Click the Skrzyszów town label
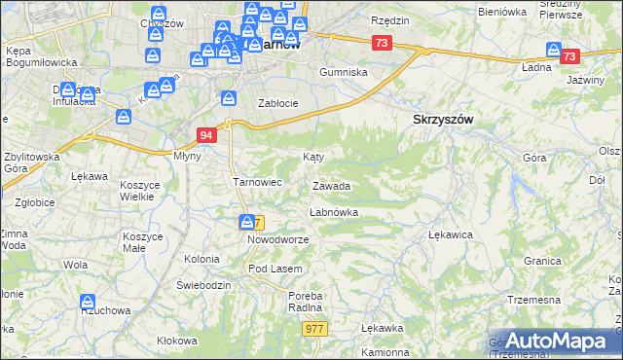[x=437, y=118]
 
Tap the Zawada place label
[x=331, y=186]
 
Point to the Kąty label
[x=312, y=156]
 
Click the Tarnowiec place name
[x=257, y=181]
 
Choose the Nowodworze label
[x=277, y=239]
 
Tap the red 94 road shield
[x=205, y=135]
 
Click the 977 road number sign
[x=314, y=329]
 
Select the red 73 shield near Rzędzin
[x=381, y=43]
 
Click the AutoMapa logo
[x=555, y=341]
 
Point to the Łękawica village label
[x=451, y=234]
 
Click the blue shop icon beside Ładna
[x=554, y=51]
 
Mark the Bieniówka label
[x=502, y=12]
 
